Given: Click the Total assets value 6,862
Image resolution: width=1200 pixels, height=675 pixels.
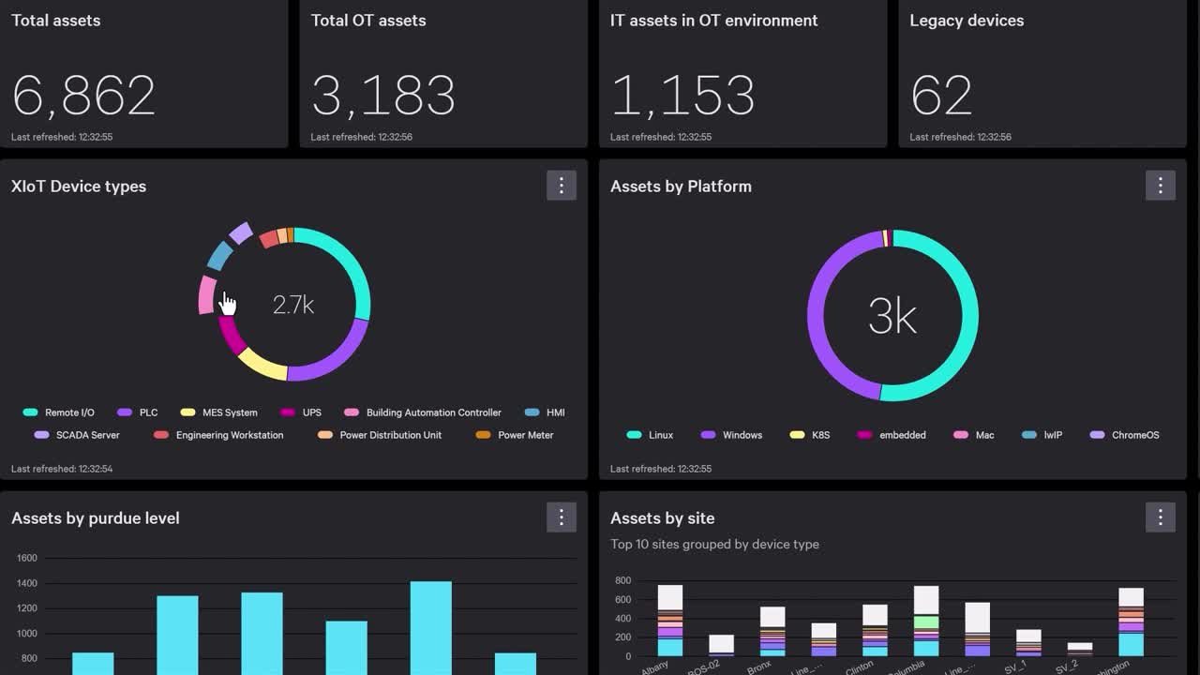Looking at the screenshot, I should click(83, 96).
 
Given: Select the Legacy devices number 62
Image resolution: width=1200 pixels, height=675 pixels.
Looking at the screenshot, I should click(941, 96).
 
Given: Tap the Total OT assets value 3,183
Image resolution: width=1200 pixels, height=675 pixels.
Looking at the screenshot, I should click(382, 96).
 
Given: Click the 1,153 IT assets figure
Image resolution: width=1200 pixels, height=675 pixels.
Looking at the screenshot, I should click(682, 96).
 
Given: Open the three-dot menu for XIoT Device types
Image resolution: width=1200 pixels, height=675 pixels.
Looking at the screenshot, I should click(562, 186).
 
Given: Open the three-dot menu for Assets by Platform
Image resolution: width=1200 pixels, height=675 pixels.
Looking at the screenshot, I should click(1160, 186).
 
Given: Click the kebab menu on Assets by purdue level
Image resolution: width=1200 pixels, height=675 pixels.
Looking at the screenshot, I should click(562, 517).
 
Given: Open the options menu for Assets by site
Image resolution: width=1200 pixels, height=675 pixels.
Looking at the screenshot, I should click(1160, 517).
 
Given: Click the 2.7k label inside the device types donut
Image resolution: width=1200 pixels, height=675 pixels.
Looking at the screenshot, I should click(292, 305).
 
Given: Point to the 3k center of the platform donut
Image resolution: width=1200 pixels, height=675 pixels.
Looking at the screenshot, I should click(892, 317).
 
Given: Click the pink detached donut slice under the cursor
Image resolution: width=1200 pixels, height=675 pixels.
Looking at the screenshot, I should click(207, 294).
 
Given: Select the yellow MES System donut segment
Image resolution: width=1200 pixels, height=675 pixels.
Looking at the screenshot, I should click(262, 366).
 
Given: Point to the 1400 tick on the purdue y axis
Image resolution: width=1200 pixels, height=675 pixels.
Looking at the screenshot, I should click(26, 583).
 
